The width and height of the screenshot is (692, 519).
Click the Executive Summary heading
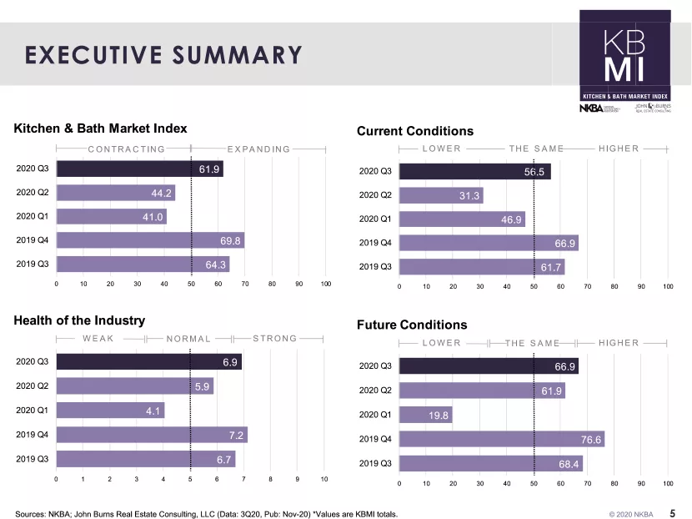point(163,55)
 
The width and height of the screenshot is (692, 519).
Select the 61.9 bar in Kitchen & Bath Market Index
point(139,169)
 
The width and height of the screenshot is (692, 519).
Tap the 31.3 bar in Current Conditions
point(440,195)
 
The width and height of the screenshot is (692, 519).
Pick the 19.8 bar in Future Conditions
point(425,415)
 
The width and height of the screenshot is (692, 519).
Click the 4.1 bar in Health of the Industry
point(110,411)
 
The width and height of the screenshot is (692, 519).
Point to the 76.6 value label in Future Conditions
point(591,439)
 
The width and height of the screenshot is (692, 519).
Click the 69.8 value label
point(231,240)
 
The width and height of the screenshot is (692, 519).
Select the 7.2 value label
point(236,435)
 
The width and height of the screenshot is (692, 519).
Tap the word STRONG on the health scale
point(274,339)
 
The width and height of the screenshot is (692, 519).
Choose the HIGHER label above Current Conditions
point(619,149)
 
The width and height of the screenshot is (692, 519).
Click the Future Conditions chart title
point(412,325)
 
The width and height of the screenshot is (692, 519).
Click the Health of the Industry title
point(79,320)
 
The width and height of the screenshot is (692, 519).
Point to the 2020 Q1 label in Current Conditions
point(374,219)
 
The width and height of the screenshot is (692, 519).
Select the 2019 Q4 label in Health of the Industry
point(32,435)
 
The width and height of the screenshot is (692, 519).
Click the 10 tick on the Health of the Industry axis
point(324,479)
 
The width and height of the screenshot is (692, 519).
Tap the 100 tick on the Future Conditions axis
point(668,483)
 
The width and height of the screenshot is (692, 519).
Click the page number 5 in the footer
point(673,514)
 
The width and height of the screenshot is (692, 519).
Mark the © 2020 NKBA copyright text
point(631,515)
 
